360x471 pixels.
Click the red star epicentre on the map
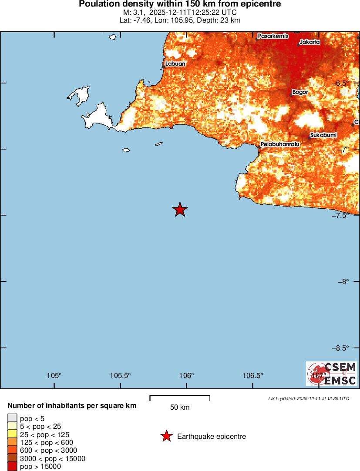(180, 210)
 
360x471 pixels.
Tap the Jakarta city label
(310, 42)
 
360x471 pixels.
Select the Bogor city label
(300, 92)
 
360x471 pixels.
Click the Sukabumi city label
(323, 135)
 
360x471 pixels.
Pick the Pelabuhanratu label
(280, 144)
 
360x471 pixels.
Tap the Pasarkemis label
(273, 36)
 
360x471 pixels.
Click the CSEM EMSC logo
(332, 374)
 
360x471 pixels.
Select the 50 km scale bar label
(180, 408)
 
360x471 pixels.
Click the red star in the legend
(166, 436)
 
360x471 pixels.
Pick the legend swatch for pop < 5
(13, 419)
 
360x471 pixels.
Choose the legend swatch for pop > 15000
(13, 467)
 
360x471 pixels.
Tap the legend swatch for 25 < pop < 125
(13, 434)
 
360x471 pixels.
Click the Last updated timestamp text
(309, 398)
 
